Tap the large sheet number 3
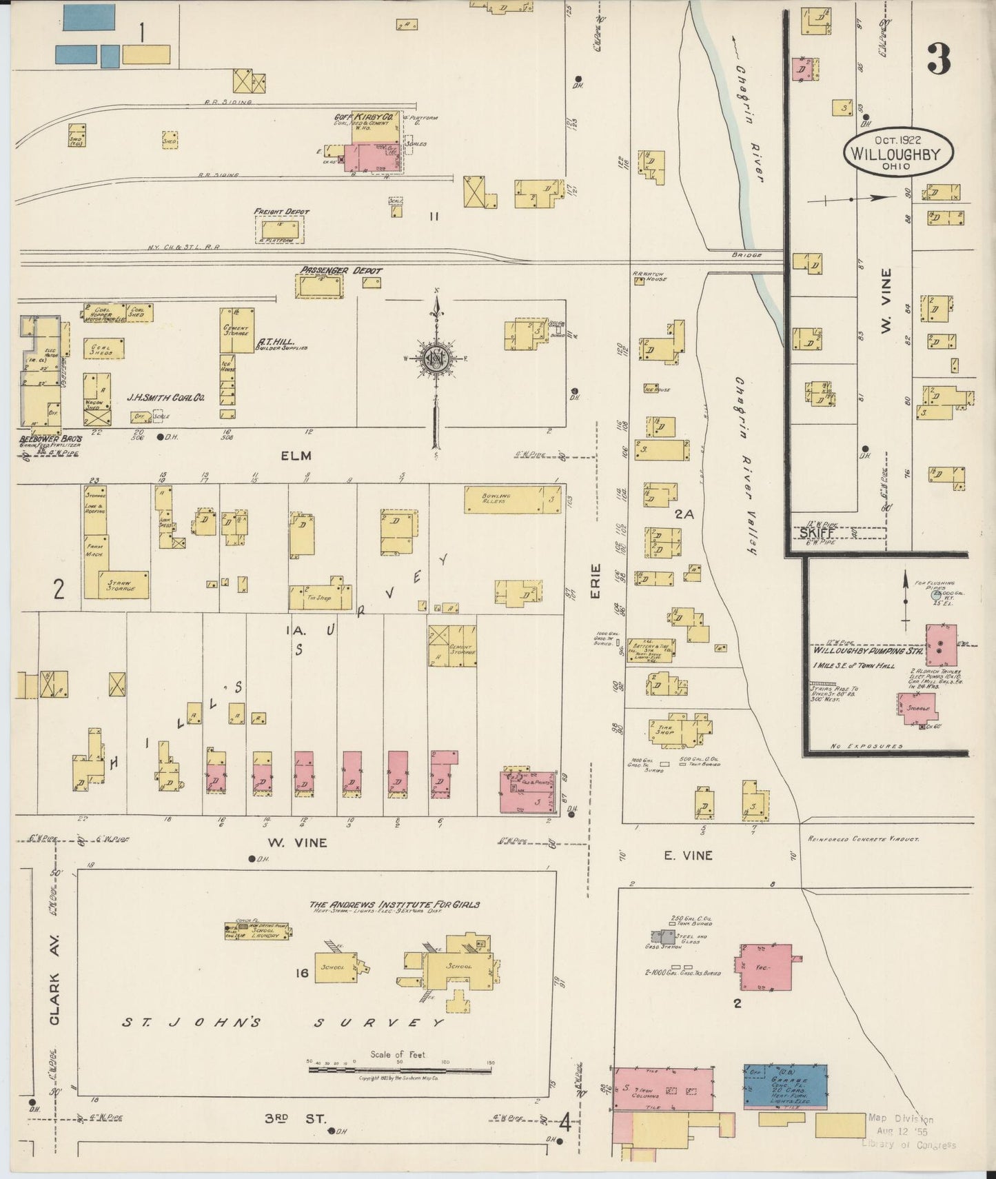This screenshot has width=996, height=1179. point(939,59)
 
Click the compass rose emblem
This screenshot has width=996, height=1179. point(436,358)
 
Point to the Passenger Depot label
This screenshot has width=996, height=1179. point(341,271)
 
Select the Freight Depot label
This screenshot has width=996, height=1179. point(281,212)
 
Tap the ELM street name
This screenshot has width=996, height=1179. point(296,456)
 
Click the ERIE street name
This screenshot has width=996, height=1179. point(596,581)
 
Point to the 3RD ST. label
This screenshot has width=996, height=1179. point(295,1119)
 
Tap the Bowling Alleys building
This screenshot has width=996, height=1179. point(513,499)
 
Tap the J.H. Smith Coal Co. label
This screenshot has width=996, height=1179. point(165,398)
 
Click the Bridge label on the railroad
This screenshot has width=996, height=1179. point(747,255)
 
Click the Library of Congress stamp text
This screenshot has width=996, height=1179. point(908,1145)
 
